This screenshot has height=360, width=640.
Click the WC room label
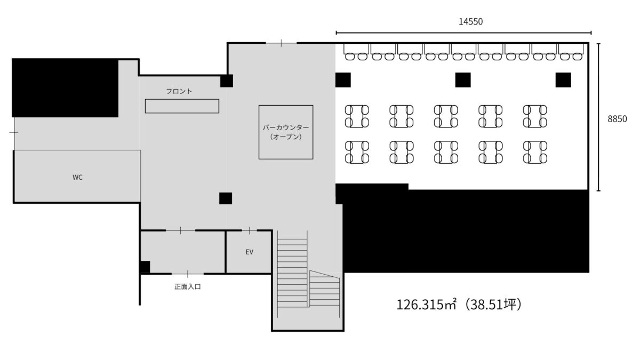pyautogui.click(x=77, y=178)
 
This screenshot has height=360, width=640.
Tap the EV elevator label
pyautogui.click(x=250, y=252)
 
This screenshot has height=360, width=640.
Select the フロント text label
pyautogui.click(x=179, y=91)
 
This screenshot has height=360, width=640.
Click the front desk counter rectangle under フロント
pyautogui.click(x=182, y=106)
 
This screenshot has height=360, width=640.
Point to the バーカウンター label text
pyautogui.click(x=286, y=127)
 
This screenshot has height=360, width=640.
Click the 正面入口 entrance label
pyautogui.click(x=188, y=286)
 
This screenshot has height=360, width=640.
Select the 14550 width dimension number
pyautogui.click(x=470, y=22)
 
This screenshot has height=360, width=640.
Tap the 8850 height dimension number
pyautogui.click(x=617, y=119)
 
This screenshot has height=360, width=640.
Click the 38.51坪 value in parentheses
pyautogui.click(x=493, y=305)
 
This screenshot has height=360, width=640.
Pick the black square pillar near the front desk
pyautogui.click(x=227, y=81)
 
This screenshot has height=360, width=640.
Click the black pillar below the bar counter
pyautogui.click(x=226, y=198)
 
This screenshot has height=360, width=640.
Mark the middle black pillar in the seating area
pyautogui.click(x=463, y=79)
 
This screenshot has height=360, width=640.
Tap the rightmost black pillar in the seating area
pyautogui.click(x=563, y=79)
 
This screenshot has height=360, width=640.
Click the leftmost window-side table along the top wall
pyautogui.click(x=356, y=49)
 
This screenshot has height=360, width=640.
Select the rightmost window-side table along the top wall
pyautogui.click(x=571, y=49)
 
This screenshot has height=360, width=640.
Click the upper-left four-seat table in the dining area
pyautogui.click(x=357, y=116)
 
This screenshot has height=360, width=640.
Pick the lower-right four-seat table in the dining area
pyautogui.click(x=535, y=153)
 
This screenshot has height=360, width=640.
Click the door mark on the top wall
pyautogui.click(x=282, y=43)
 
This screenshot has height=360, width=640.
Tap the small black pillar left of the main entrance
pyautogui.click(x=145, y=267)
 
